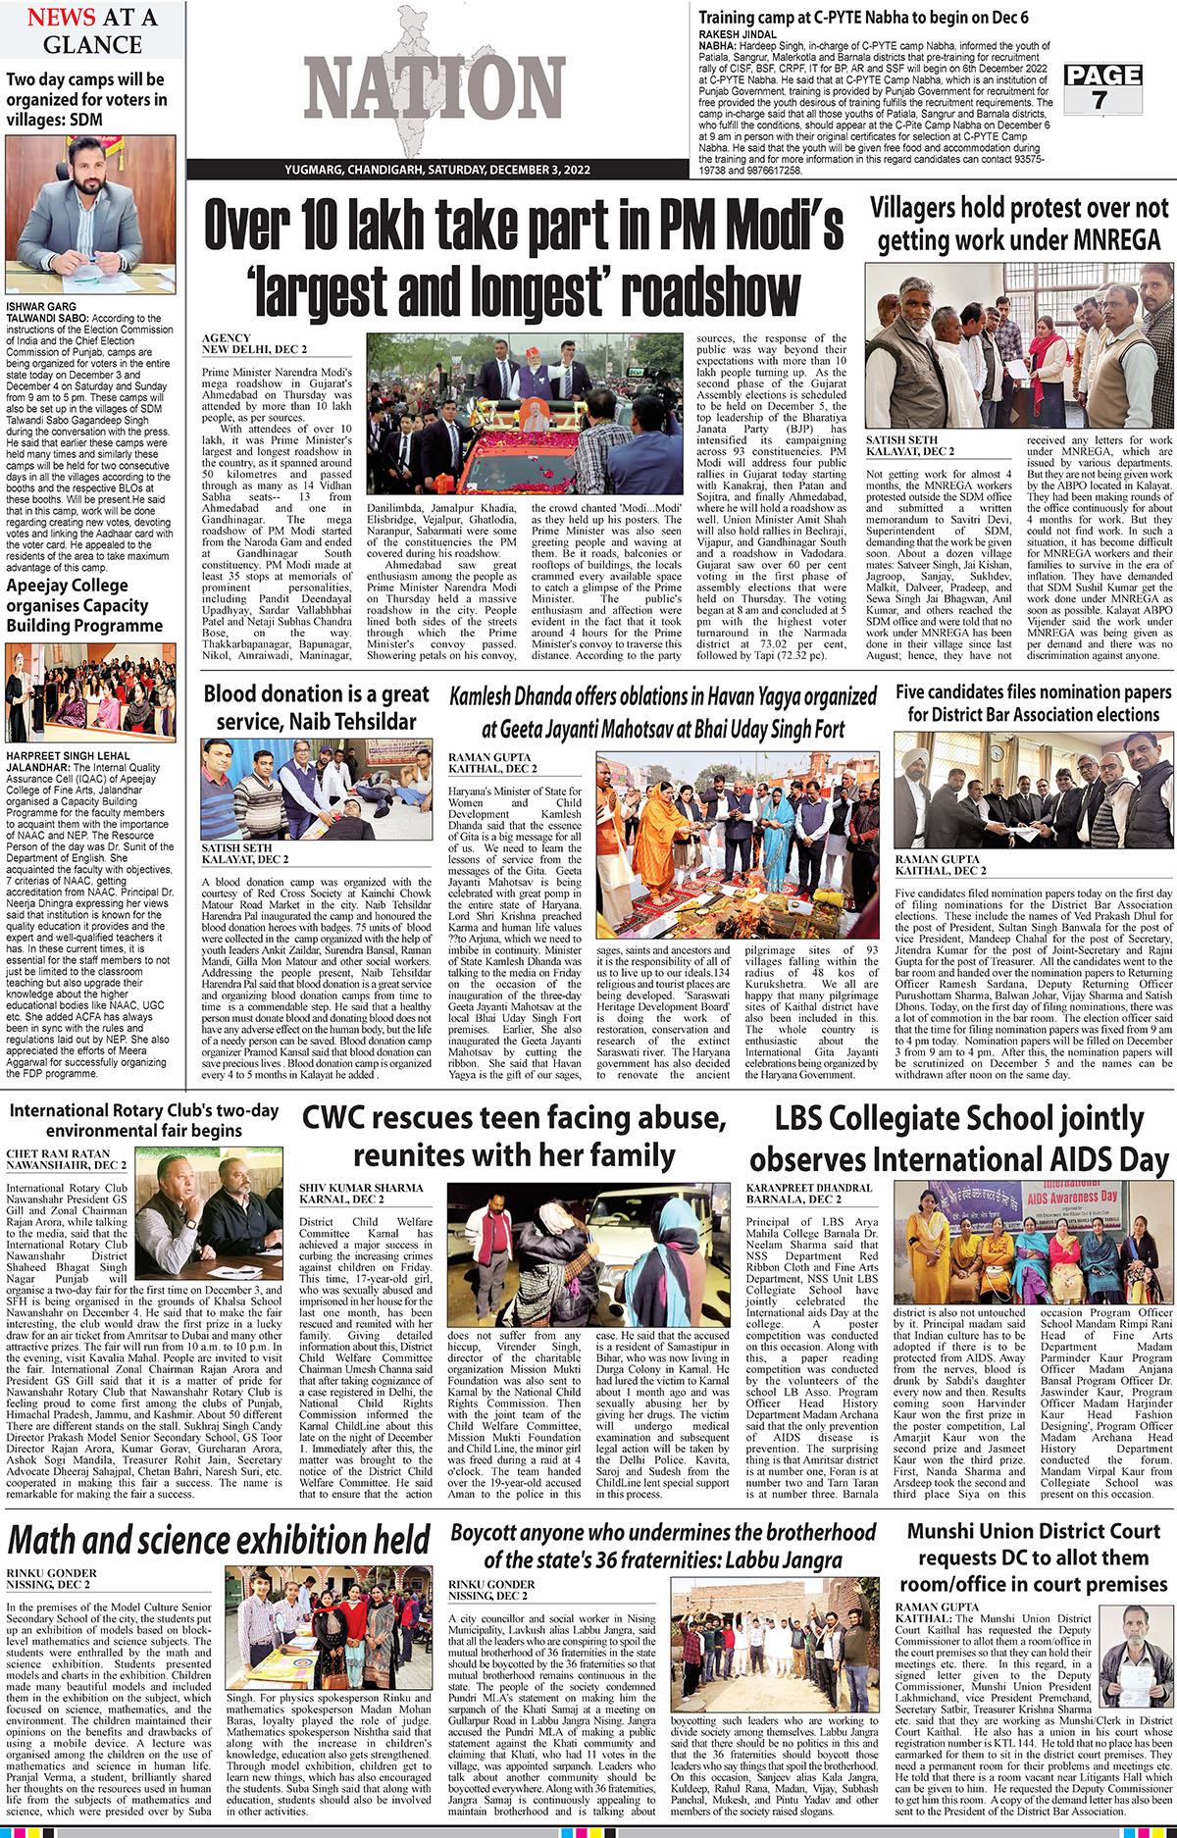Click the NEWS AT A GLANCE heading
[x=83, y=30]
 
